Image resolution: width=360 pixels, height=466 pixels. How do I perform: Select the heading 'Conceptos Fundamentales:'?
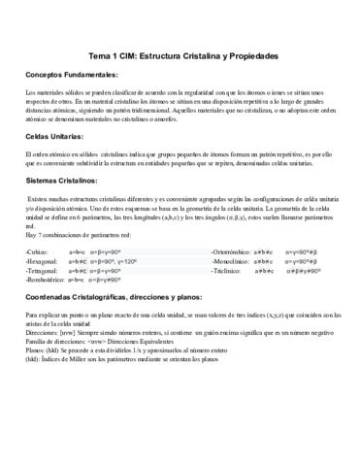[x=72, y=76]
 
